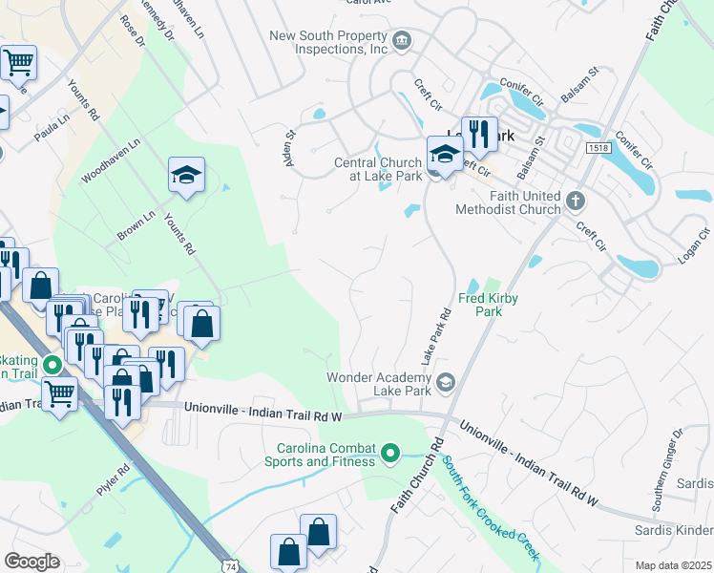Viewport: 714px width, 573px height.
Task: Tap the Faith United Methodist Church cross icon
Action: click(x=575, y=202)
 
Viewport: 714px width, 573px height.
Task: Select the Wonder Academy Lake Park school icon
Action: click(x=445, y=384)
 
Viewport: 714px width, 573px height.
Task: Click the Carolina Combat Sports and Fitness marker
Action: click(x=389, y=453)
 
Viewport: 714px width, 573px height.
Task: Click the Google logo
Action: click(x=31, y=562)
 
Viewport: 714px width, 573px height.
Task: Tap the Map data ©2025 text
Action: click(x=673, y=565)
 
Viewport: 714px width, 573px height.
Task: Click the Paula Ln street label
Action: click(x=52, y=129)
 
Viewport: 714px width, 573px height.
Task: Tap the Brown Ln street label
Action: click(x=136, y=225)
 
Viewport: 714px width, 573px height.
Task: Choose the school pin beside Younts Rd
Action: click(x=187, y=175)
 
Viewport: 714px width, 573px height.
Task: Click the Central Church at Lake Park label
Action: click(x=378, y=169)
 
